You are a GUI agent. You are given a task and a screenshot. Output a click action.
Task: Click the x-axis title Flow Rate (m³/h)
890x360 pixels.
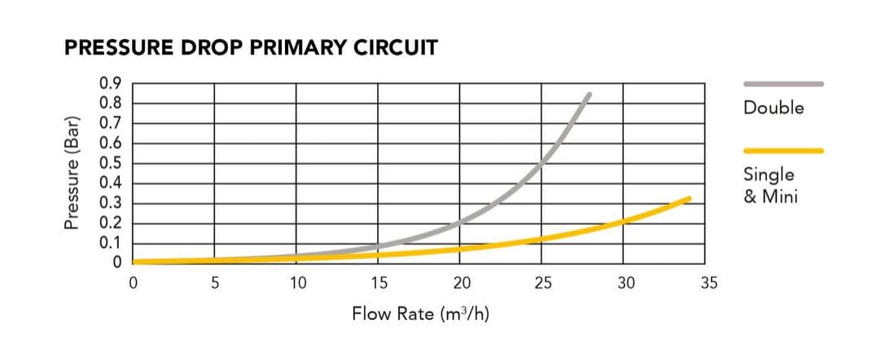(420, 313)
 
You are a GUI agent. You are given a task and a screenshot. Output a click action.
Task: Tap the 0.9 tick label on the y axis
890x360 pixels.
(111, 83)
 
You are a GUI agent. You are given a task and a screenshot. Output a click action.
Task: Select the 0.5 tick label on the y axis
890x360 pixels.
(111, 163)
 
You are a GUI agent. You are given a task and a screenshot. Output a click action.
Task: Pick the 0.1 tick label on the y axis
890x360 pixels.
(111, 243)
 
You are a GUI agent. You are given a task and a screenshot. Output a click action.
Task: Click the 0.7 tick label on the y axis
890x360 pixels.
(111, 123)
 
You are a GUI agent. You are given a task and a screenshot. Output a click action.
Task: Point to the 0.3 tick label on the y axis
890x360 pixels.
(111, 203)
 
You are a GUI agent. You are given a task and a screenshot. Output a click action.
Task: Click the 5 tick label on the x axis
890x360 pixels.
(215, 283)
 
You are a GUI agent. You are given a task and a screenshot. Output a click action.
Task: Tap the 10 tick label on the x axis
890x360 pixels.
(297, 283)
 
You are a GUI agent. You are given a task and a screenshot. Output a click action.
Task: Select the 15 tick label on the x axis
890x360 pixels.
(379, 283)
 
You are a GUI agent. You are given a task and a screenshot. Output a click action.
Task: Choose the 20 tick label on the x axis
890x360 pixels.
(462, 283)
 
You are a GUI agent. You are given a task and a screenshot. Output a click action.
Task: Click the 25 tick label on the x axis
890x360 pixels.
(543, 283)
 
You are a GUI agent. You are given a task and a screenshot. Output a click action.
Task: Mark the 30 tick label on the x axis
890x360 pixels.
(625, 283)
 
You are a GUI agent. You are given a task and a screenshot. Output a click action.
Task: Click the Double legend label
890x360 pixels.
(774, 108)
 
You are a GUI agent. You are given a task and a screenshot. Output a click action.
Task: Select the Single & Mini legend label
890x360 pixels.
(769, 185)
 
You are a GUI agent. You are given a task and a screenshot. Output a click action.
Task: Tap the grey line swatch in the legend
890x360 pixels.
(783, 83)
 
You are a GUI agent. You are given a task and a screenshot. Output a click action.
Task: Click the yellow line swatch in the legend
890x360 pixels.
(783, 151)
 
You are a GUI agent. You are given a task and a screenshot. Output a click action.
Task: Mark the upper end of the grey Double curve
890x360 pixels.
(589, 94)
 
